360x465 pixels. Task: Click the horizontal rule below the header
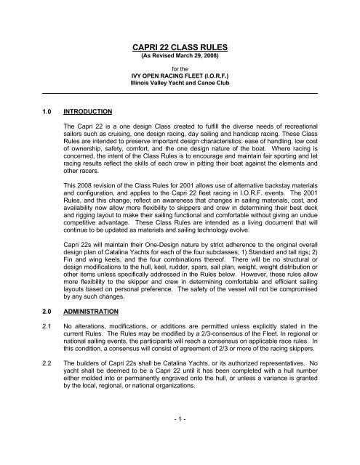coord(180,94)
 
